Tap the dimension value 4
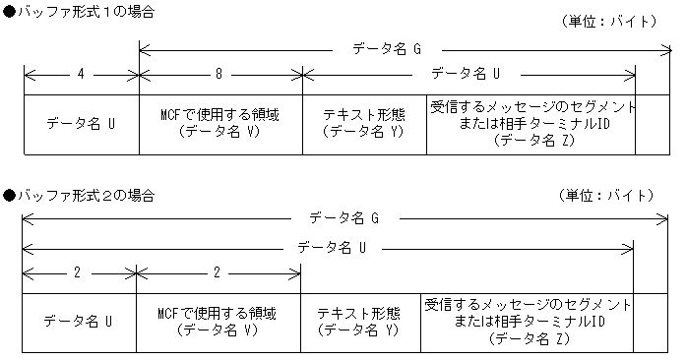coord(80,74)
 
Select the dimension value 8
coord(220,74)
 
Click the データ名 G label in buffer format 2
coord(343,217)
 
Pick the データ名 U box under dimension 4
coord(80,124)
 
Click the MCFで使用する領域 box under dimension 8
coord(220,124)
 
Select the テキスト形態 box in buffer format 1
coord(364,124)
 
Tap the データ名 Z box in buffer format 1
coord(531,124)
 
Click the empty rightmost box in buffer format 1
coord(653,124)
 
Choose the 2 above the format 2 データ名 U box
coord(77,270)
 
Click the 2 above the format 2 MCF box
coord(217,270)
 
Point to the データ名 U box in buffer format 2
coord(77,321)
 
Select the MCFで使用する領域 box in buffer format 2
coord(217,321)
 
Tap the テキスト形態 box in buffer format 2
coord(360,321)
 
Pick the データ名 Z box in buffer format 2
coord(528,321)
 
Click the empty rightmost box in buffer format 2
coord(650,321)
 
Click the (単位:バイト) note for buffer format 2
coord(604,196)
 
